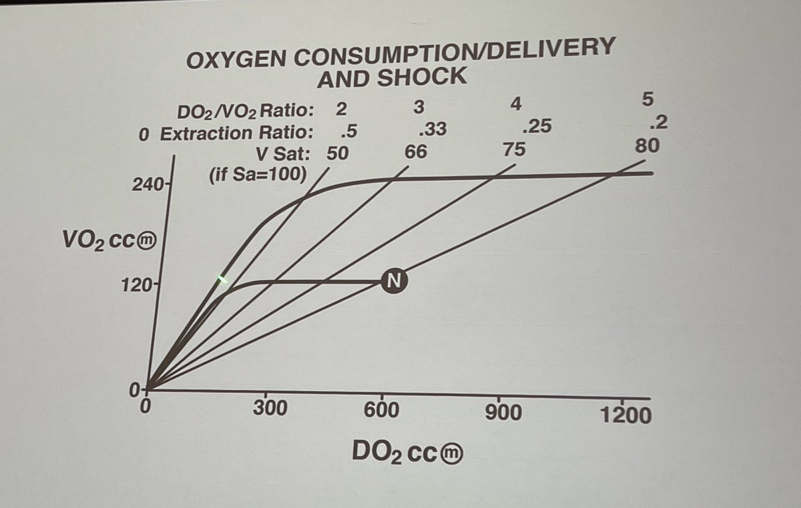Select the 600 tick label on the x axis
coord(383,409)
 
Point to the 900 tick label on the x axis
coord(504,412)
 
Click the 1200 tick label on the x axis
coord(625,415)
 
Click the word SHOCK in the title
coord(422,77)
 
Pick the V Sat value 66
coord(415,151)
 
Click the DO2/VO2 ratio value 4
coord(515,103)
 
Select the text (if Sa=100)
coord(256,176)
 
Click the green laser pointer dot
coord(222,280)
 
